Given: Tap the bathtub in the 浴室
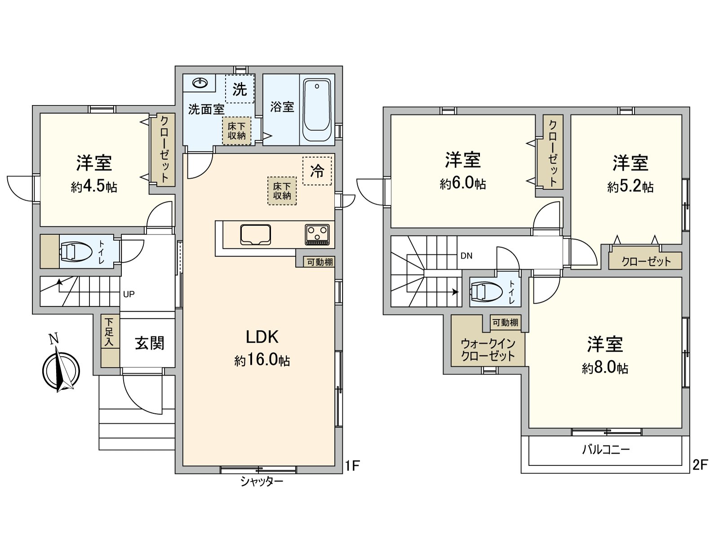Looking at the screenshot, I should point(317,110).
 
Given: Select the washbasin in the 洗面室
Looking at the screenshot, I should point(200,83).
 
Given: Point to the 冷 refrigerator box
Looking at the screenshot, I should point(317,171).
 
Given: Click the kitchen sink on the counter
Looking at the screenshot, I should point(255,234).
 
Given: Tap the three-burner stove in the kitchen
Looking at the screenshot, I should point(317,234).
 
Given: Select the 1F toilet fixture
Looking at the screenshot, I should point(72,252).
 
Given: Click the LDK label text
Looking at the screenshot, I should point(262,337).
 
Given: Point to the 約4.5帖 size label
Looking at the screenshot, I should point(94,187).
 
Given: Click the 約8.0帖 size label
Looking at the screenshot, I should point(605,368).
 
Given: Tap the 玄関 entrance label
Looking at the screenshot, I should point(150,344).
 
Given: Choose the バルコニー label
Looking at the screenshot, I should point(606,450).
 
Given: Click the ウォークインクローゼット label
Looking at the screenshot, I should point(488,350).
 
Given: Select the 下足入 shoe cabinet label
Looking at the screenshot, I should point(110,332).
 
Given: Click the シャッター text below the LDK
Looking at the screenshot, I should point(262,482).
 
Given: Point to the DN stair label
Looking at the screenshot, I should point(466,256).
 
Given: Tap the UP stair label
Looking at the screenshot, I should point(129,295).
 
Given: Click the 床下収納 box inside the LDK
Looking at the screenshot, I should point(282,191).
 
